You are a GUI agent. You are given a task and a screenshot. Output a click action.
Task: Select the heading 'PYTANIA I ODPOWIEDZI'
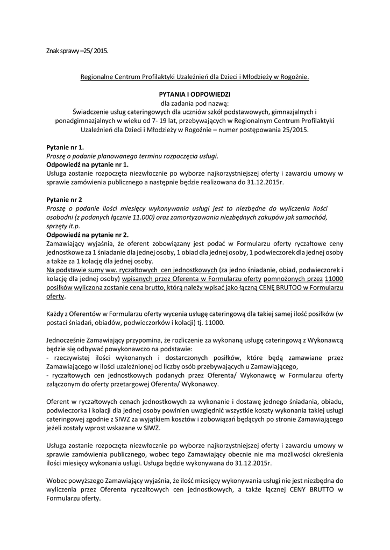[x=195, y=93]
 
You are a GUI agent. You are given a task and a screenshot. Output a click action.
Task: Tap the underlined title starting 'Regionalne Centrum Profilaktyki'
[x=195, y=77]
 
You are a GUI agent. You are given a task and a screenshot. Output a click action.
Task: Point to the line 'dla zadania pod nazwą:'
[x=195, y=102]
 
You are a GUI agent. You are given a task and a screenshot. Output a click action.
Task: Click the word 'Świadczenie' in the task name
[x=90, y=111]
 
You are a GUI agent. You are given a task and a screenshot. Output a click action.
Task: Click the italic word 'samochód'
[x=328, y=216]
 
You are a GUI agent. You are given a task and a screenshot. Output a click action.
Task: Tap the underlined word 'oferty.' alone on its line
[x=56, y=296]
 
